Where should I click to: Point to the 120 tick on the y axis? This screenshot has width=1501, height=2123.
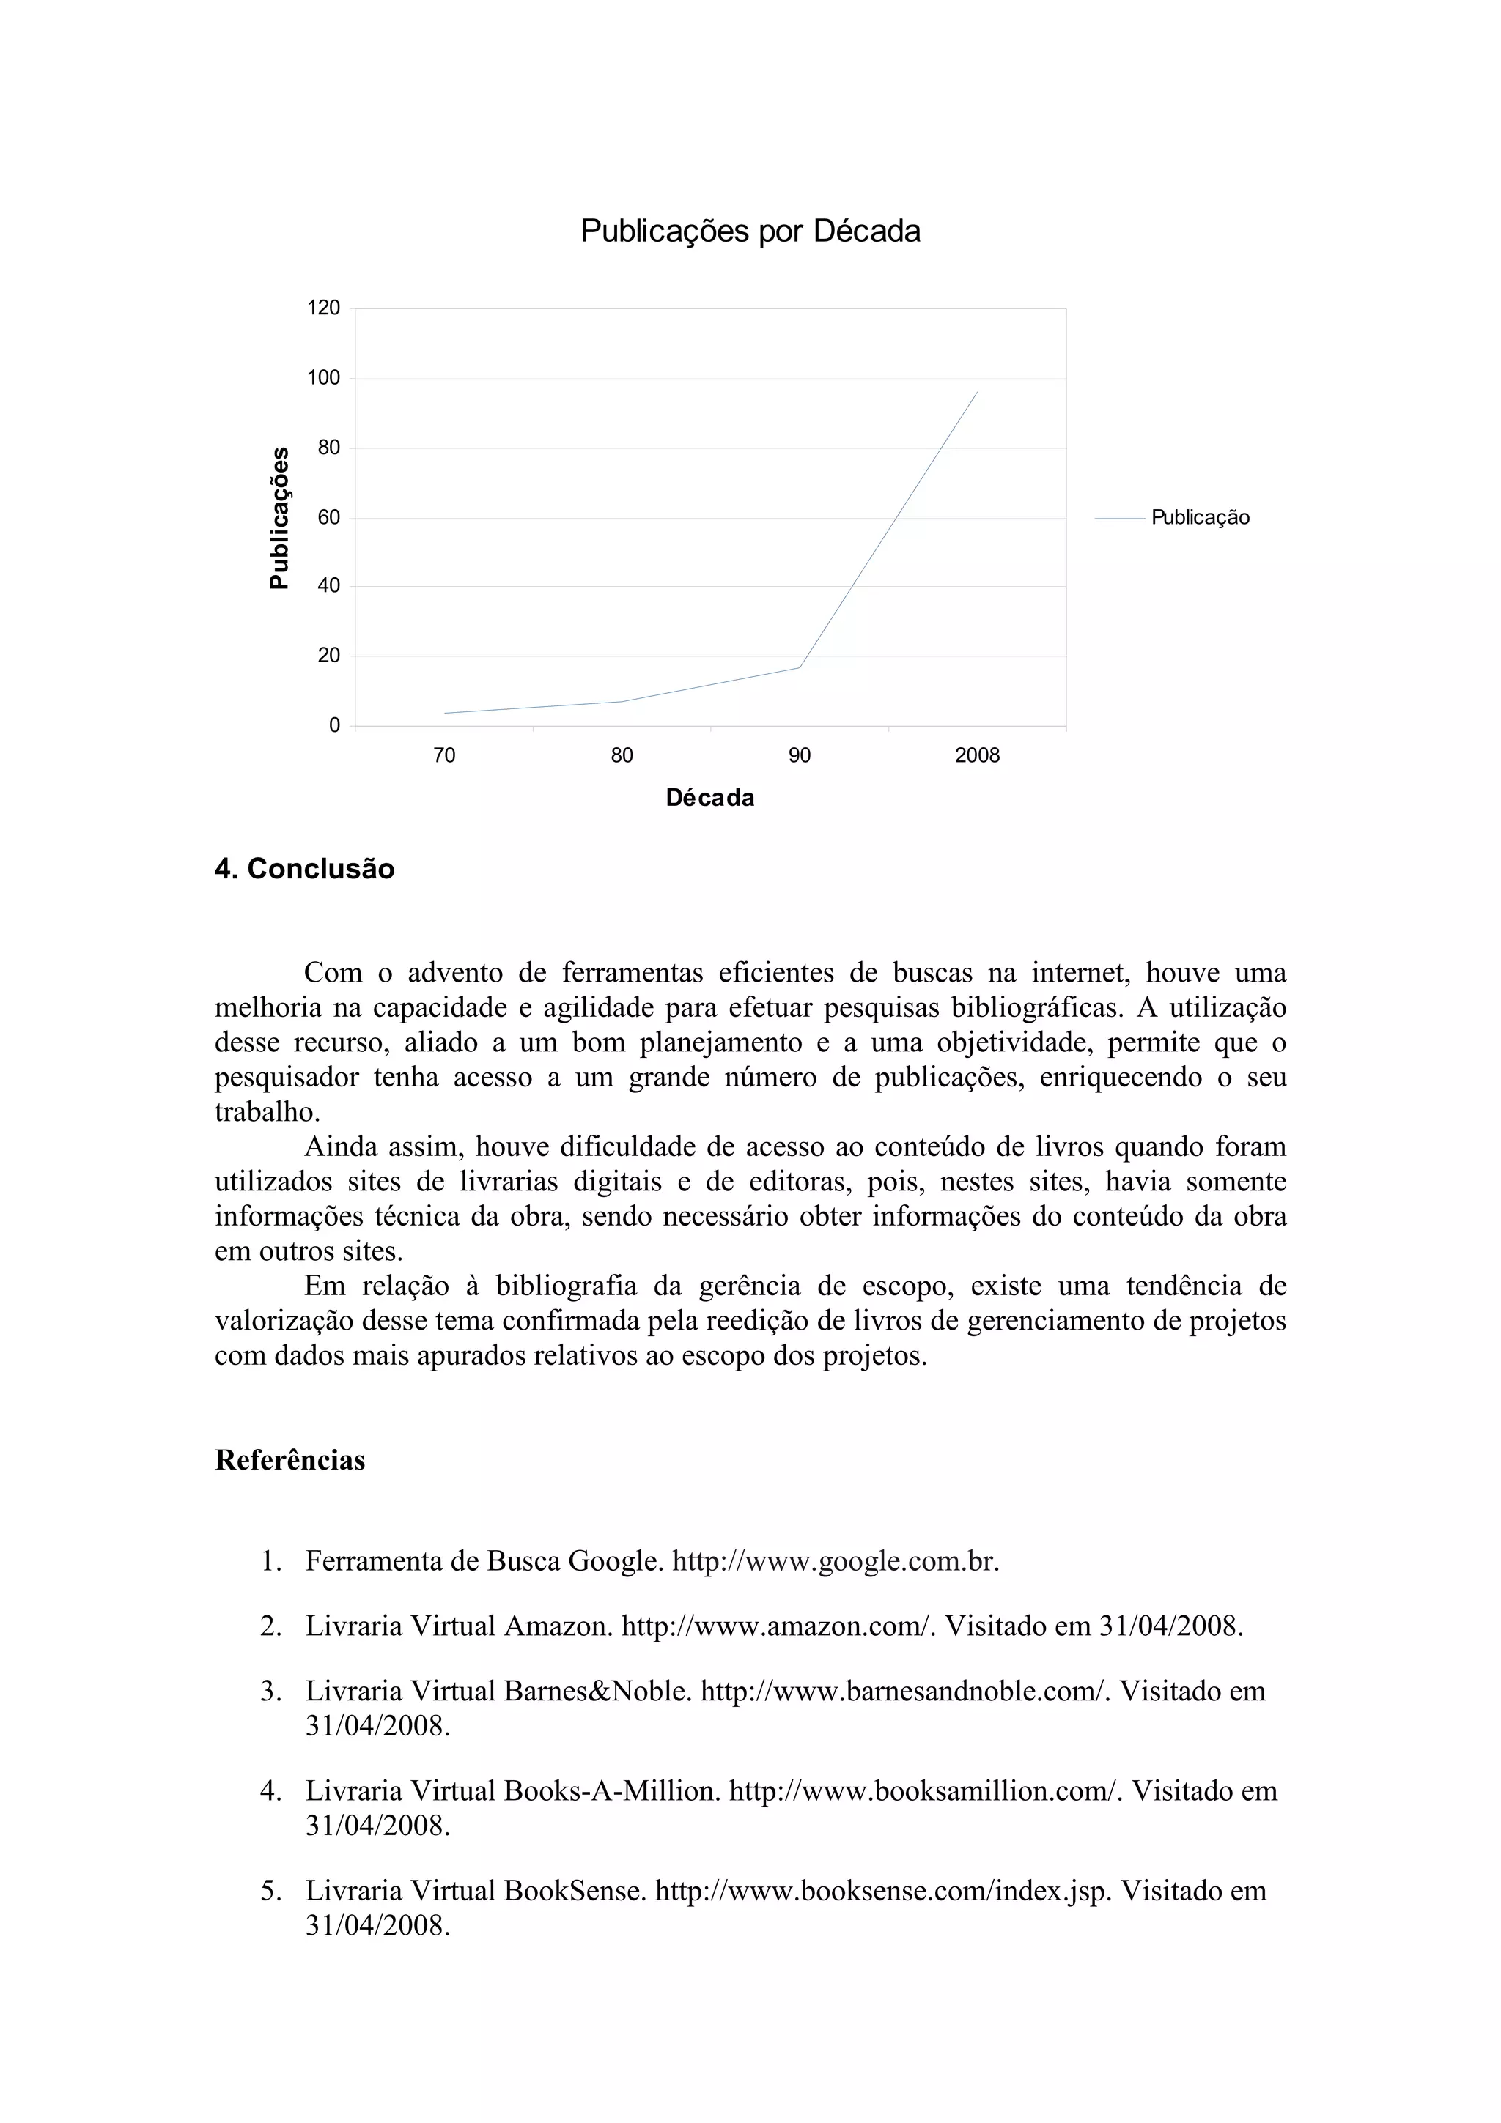tap(324, 308)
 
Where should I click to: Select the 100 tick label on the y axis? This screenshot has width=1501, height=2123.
tap(324, 378)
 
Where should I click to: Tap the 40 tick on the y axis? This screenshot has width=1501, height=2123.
tap(328, 586)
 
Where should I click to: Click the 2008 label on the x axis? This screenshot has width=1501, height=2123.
tap(977, 756)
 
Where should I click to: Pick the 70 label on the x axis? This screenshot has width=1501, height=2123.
tap(444, 756)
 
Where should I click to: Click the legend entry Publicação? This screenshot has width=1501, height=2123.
tap(1200, 518)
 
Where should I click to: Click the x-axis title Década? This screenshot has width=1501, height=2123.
tap(709, 798)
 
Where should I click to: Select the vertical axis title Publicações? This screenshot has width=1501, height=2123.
tap(279, 518)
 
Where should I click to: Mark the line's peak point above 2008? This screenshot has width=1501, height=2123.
tap(977, 392)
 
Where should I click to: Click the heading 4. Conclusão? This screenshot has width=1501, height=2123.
tap(304, 869)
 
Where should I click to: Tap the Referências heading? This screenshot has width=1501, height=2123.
tap(289, 1461)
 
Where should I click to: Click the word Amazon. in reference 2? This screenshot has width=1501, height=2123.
tap(558, 1626)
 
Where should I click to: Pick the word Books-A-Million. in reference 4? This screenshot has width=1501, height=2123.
tap(612, 1791)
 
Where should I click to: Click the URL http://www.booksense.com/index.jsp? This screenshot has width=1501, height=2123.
tap(882, 1891)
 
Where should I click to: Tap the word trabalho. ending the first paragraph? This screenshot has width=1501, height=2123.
tap(268, 1112)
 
